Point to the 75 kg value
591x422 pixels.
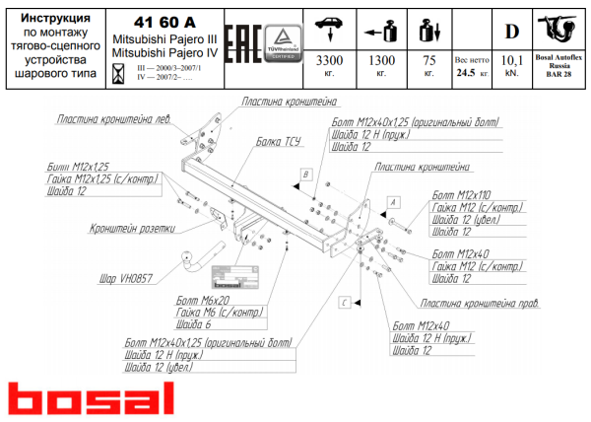[x=428, y=60]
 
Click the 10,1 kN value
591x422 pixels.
[x=511, y=60]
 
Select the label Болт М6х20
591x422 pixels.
[x=202, y=299]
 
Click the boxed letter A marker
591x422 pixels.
[x=393, y=200]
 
